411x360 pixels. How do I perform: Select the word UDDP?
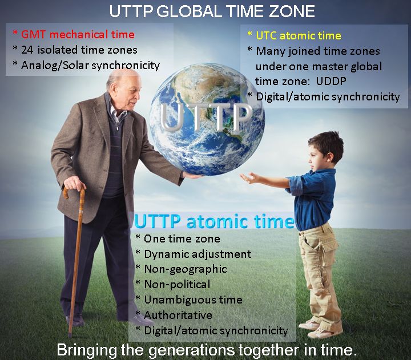[x=331, y=81]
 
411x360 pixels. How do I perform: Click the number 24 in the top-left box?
[x=27, y=50]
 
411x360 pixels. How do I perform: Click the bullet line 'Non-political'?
[x=177, y=284]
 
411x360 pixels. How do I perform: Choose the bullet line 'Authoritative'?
[x=178, y=315]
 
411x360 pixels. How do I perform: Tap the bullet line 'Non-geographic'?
[x=186, y=269]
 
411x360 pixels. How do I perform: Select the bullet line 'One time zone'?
[x=182, y=238]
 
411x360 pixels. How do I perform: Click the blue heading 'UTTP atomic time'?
[x=214, y=222]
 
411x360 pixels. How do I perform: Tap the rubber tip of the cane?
[x=70, y=335]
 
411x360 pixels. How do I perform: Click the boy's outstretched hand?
[x=249, y=178]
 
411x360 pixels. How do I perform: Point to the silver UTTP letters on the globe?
[x=205, y=118]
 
